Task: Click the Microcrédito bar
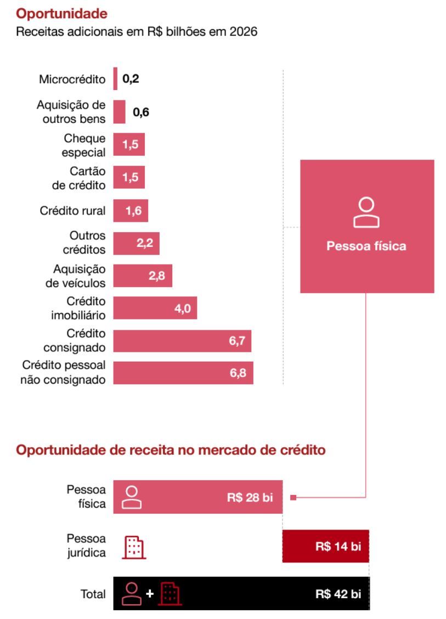click(x=115, y=78)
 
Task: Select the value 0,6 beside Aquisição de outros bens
click(x=141, y=112)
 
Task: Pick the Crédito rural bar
click(x=131, y=211)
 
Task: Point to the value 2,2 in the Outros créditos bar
click(x=145, y=244)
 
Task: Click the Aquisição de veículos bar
click(x=143, y=277)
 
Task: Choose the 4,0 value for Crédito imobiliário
click(x=182, y=309)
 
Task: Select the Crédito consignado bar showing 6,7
click(x=182, y=341)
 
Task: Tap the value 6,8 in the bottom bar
click(x=238, y=374)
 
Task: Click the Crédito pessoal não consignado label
click(x=64, y=373)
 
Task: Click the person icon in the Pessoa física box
click(x=367, y=212)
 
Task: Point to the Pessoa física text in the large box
click(x=366, y=246)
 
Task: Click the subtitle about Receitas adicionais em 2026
click(x=137, y=32)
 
